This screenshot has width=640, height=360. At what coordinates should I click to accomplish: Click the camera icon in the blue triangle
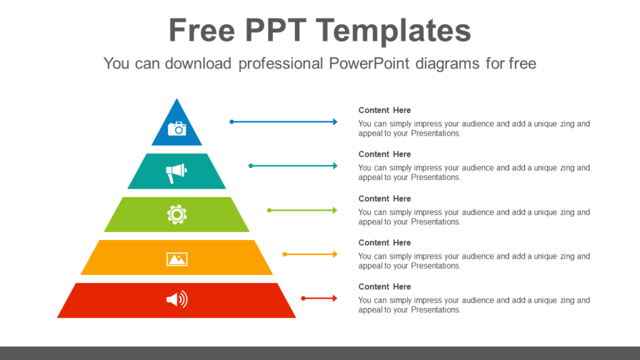(x=177, y=128)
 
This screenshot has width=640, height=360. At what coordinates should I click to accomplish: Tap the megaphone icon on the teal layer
(x=176, y=172)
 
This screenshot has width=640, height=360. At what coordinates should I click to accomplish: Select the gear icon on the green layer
(x=177, y=214)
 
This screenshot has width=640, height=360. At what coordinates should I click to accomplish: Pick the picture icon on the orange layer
(x=177, y=258)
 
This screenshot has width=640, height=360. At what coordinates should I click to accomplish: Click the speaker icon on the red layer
(x=177, y=300)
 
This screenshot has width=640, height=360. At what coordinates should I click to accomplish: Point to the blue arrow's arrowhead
(x=334, y=122)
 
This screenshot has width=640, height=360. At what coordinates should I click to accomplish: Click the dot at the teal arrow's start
(x=251, y=166)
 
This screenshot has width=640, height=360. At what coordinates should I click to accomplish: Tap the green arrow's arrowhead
(x=334, y=210)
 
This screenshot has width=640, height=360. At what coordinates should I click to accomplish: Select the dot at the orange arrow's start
(x=284, y=254)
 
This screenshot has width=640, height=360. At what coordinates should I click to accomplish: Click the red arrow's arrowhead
(x=334, y=298)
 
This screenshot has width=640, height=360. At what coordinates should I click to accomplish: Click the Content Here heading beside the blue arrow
(x=384, y=110)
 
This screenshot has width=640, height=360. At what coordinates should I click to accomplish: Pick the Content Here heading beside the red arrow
(x=384, y=286)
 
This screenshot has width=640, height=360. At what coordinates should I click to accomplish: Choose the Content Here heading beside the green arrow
(x=384, y=198)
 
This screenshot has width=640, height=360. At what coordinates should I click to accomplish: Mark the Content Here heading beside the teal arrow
(x=384, y=154)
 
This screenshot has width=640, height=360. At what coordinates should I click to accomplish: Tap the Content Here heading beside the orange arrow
(x=384, y=242)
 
